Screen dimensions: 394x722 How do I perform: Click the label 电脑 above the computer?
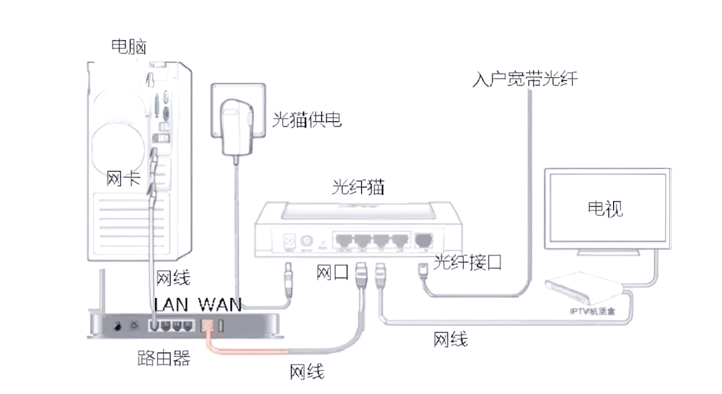pyautogui.click(x=128, y=46)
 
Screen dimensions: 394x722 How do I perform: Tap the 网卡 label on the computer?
pyautogui.click(x=123, y=179)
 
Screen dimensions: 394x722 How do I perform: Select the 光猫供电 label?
pyautogui.click(x=307, y=120)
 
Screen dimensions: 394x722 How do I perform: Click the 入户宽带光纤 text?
pyautogui.click(x=524, y=79)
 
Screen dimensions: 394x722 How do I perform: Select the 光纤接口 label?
pyautogui.click(x=467, y=262)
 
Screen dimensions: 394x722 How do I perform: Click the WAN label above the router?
pyautogui.click(x=220, y=304)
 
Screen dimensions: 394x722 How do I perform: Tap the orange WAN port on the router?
pyautogui.click(x=207, y=327)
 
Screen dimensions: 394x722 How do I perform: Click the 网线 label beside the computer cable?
pyautogui.click(x=173, y=277)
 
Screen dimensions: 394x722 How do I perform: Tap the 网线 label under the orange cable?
pyautogui.click(x=307, y=371)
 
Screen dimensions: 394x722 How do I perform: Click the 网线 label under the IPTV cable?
pyautogui.click(x=451, y=339)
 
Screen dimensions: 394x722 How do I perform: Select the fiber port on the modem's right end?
pyautogui.click(x=423, y=240)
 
